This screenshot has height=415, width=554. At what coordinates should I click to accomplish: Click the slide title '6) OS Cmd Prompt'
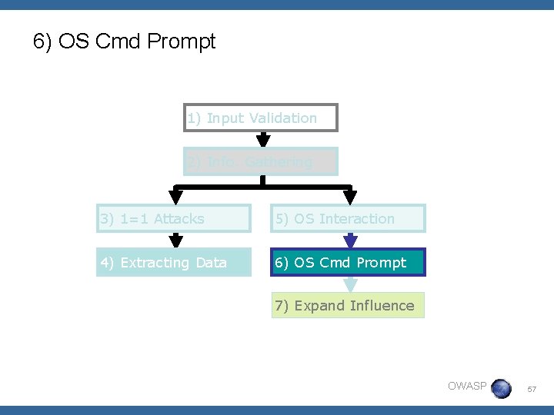(x=125, y=41)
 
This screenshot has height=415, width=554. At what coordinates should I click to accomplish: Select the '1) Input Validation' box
(x=261, y=118)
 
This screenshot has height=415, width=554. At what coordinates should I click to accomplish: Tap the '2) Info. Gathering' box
(x=261, y=162)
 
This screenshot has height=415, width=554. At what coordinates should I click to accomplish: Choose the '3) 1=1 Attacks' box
(x=173, y=219)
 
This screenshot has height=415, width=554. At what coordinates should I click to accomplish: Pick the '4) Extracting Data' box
(x=173, y=263)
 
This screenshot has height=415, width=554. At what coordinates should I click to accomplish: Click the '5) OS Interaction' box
(x=348, y=219)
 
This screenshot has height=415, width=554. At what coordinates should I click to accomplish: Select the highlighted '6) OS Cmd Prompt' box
(x=348, y=263)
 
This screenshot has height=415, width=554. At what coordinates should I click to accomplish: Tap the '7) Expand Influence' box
(x=348, y=306)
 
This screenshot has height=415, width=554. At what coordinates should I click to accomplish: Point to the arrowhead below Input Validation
(x=263, y=140)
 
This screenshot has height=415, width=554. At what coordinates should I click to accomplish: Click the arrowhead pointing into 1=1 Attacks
(x=176, y=197)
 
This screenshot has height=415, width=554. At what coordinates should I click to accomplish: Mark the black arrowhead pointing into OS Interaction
(x=351, y=197)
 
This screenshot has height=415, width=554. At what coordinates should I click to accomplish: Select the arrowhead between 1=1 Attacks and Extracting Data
(x=176, y=241)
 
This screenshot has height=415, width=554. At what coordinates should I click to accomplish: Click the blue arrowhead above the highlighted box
(x=351, y=241)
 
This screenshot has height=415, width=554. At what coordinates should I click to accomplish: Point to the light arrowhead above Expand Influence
(x=351, y=285)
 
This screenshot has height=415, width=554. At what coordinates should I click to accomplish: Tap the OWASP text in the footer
(x=467, y=386)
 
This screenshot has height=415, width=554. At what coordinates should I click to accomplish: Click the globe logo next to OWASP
(x=501, y=388)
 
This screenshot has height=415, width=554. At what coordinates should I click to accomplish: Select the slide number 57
(x=532, y=390)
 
